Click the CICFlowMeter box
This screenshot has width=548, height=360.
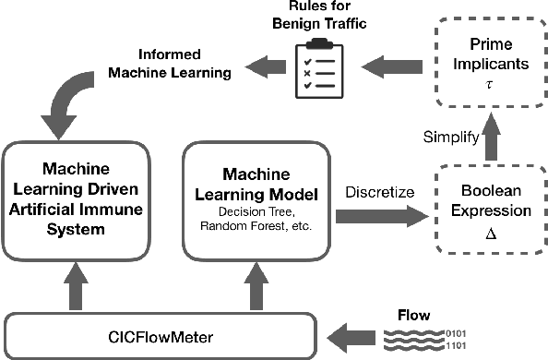pos(161,330)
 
